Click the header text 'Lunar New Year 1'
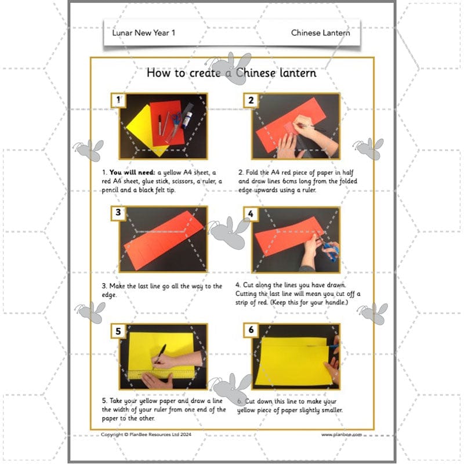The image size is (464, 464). pos(143,33)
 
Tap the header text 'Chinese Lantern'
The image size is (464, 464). pos(320,33)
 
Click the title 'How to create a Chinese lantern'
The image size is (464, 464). pos(231,73)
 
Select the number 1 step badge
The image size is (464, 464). pos(118,100)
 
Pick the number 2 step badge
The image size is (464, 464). pos(251,100)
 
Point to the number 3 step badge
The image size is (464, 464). pos(118,213)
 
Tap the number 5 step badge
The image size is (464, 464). pos(118,331)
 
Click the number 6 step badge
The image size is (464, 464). pos(251,330)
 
